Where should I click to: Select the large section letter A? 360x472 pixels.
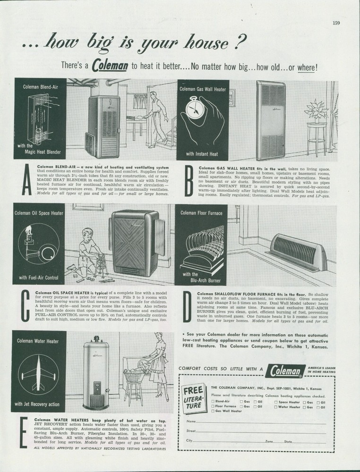[x=27, y=182]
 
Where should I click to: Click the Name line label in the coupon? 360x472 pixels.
[x=191, y=421]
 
